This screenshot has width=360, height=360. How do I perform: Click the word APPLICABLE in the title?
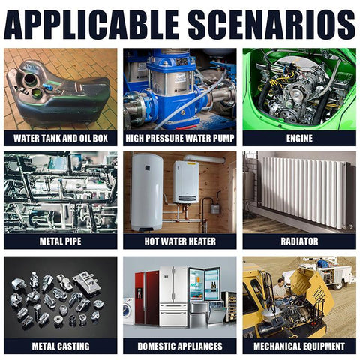pyautogui.click(x=91, y=25)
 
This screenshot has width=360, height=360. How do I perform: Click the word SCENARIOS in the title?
pyautogui.click(x=271, y=25)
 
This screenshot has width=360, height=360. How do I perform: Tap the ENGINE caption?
pyautogui.click(x=299, y=139)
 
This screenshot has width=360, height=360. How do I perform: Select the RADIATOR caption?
pyautogui.click(x=299, y=241)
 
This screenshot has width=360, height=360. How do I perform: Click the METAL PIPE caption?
pyautogui.click(x=61, y=241)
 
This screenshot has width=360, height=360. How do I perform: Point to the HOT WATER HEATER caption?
pyautogui.click(x=180, y=241)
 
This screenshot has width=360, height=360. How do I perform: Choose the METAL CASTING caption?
pyautogui.click(x=61, y=346)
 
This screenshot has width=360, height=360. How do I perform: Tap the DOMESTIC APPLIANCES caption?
pyautogui.click(x=180, y=346)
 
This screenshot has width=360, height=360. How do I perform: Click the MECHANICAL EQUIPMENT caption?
pyautogui.click(x=299, y=346)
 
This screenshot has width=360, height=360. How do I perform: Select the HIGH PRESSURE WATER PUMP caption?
pyautogui.click(x=180, y=139)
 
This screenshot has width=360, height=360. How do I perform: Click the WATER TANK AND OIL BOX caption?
pyautogui.click(x=61, y=139)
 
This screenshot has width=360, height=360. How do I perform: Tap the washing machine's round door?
pyautogui.click(x=127, y=310)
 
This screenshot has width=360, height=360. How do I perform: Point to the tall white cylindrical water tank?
pyautogui.click(x=147, y=192)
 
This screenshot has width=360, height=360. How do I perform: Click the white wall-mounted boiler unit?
pyautogui.click(x=186, y=182)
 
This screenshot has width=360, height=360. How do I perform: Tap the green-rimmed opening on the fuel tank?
pyautogui.click(x=37, y=92)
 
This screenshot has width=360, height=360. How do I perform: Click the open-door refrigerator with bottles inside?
pyautogui.click(x=204, y=285)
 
